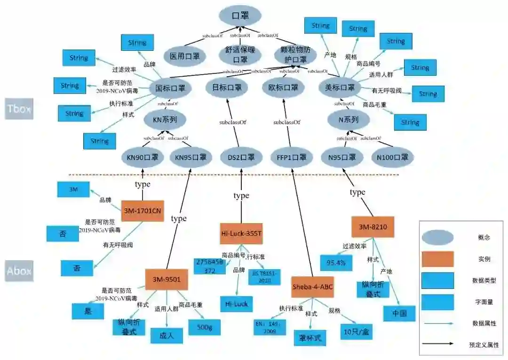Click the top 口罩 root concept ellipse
240,15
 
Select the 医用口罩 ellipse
184,56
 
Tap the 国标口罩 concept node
170,88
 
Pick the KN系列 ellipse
165,120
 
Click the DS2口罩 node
241,157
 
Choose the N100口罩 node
392,157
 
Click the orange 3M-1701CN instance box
143,210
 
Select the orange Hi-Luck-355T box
241,233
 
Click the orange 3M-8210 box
373,227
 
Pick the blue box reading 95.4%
336,262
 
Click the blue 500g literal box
204,327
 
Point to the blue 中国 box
399,313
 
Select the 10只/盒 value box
356,331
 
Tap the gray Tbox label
19,109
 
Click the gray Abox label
19,271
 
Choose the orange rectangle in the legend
437,259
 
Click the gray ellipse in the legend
437,238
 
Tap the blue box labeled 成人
167,335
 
